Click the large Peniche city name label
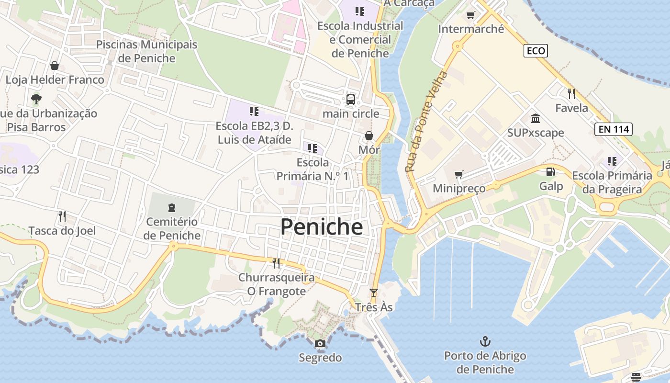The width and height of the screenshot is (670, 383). [x=321, y=227]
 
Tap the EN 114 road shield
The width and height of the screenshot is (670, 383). [x=614, y=129]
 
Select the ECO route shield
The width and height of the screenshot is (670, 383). [x=535, y=51]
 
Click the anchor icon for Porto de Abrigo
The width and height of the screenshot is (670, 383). [x=485, y=341]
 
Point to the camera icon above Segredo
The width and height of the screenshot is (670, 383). [x=320, y=343]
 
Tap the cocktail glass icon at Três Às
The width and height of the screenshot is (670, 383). [x=374, y=293]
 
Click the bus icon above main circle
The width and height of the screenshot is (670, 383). [x=351, y=100]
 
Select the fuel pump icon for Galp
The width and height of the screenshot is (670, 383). [x=551, y=171]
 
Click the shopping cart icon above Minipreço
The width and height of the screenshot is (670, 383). [x=459, y=174]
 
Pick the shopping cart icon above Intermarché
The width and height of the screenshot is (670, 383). [x=471, y=15]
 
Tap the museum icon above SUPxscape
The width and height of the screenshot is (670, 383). [x=536, y=118]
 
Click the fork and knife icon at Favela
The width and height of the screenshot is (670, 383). [x=571, y=93]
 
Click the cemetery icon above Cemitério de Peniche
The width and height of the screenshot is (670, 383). [x=172, y=208]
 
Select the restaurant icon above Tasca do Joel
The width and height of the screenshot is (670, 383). [x=62, y=216]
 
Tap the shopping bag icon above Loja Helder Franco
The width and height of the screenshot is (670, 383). [x=55, y=66]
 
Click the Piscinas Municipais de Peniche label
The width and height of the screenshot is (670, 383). [x=146, y=51]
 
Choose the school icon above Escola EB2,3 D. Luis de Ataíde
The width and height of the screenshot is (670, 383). [x=254, y=112]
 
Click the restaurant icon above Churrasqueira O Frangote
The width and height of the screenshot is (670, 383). [x=276, y=263]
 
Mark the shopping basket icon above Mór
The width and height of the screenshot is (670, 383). [x=369, y=135]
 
